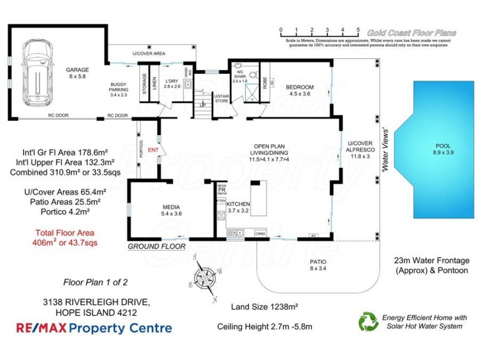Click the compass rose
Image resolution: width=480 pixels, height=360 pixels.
pyautogui.click(x=206, y=278)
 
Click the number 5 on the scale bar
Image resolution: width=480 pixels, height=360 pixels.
pyautogui.click(x=358, y=29)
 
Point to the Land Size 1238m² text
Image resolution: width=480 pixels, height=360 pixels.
pyautogui.click(x=265, y=306)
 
